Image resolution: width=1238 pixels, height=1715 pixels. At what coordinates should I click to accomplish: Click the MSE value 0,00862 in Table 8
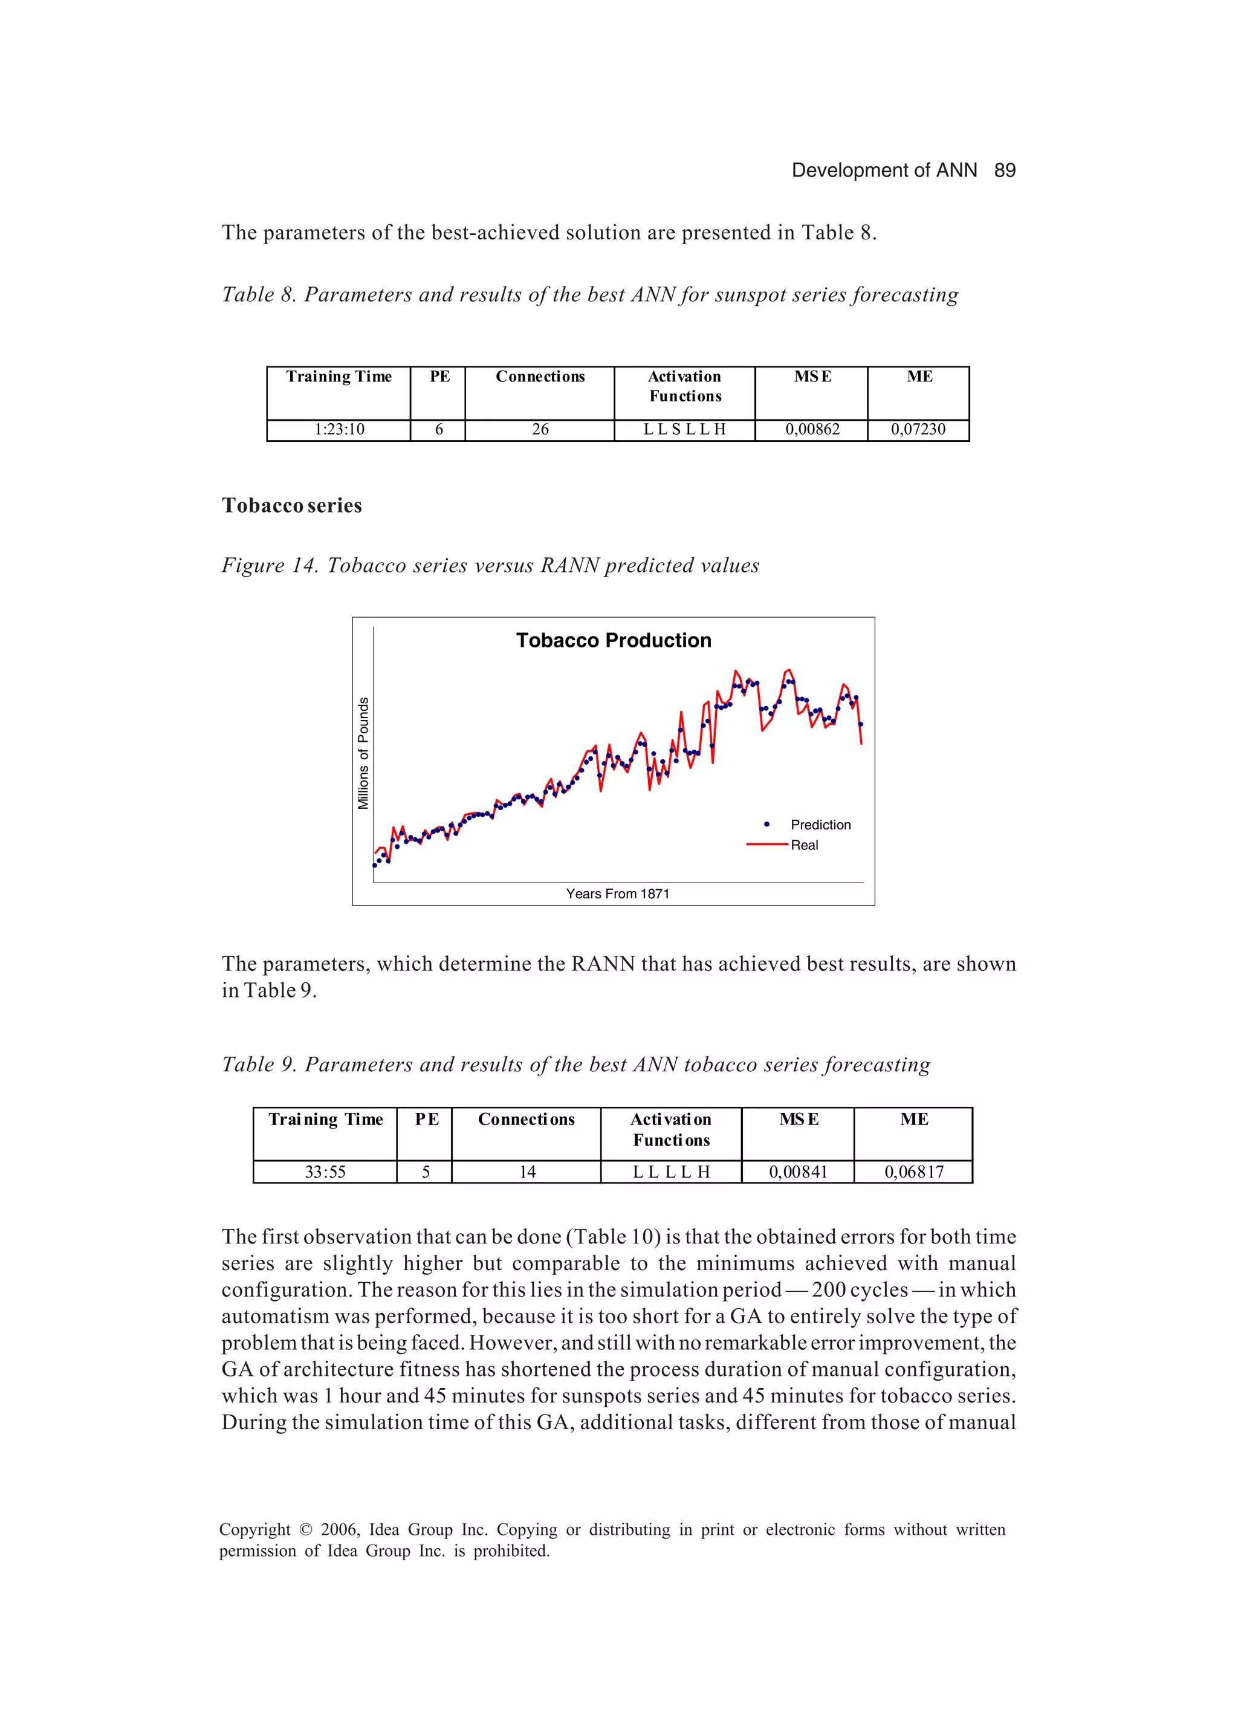[812, 430]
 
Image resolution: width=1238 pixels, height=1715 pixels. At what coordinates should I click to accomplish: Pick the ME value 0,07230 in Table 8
[918, 430]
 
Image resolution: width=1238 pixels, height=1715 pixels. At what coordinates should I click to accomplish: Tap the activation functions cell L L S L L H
[684, 430]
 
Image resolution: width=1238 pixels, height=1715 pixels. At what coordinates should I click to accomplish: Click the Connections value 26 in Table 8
[540, 430]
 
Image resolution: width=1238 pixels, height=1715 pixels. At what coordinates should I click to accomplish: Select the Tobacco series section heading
[291, 505]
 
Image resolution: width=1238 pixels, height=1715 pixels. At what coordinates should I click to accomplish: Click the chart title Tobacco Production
[614, 640]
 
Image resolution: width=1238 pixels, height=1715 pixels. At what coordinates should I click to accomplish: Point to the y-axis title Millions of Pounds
[363, 753]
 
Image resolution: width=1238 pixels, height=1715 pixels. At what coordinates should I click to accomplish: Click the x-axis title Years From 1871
[617, 894]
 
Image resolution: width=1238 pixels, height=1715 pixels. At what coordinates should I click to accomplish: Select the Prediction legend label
[820, 825]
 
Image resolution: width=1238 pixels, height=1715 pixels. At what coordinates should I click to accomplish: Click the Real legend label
[804, 845]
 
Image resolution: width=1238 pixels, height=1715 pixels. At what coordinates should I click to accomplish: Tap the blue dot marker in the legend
[767, 824]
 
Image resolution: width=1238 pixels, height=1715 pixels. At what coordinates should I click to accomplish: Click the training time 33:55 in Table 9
[325, 1172]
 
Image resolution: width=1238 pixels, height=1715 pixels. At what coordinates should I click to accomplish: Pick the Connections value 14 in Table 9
[527, 1172]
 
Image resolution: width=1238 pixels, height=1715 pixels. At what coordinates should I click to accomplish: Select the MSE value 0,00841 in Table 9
[798, 1172]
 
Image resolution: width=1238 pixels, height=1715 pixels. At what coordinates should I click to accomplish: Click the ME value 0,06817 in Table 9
[913, 1172]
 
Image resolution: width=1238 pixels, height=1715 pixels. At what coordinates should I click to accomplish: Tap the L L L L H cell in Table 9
[671, 1172]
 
